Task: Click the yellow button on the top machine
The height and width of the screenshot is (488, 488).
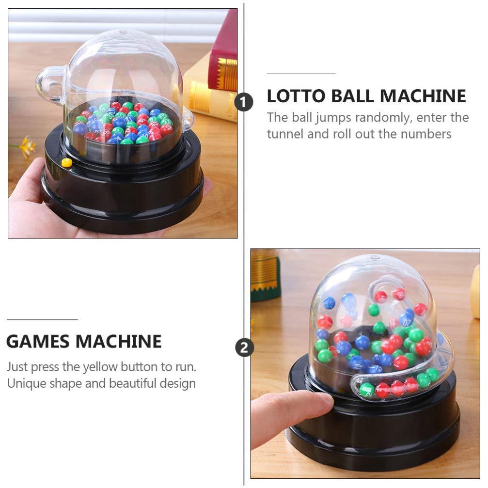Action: (67, 163)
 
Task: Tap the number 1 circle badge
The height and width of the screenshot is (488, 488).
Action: (244, 102)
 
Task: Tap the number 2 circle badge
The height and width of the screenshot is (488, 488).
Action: (244, 347)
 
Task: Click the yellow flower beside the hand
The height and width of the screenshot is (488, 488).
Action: (27, 145)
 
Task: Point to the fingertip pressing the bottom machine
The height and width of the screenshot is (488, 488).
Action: (320, 400)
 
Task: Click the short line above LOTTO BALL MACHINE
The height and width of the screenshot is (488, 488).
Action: (301, 74)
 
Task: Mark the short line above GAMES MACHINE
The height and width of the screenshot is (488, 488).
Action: (42, 319)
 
